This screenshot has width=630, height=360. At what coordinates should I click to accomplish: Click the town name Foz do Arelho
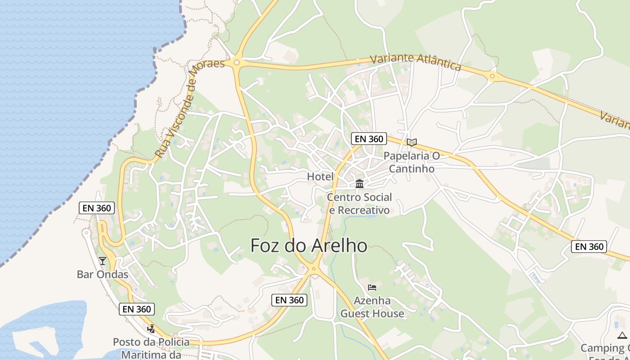coord(308,246)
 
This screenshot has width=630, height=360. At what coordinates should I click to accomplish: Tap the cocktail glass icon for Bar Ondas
coord(103,261)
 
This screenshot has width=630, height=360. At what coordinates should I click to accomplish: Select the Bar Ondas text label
coord(103,274)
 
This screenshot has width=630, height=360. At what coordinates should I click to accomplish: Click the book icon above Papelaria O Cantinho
coord(411,142)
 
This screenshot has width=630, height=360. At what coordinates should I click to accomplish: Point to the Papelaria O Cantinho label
coord(411,162)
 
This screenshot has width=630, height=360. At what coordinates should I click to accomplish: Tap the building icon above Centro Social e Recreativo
coord(359,184)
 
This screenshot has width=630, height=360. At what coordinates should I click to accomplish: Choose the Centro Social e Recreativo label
coord(359,203)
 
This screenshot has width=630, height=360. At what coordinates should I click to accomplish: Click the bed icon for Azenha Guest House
coord(372,287)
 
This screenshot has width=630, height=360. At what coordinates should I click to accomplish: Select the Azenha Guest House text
coord(372,307)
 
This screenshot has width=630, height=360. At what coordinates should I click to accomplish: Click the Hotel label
coord(320,177)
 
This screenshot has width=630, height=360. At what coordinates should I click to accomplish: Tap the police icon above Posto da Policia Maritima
coord(151,329)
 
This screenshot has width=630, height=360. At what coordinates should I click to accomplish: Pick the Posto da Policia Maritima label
coord(151,348)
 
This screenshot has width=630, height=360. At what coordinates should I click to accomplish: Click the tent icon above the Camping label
coord(622,335)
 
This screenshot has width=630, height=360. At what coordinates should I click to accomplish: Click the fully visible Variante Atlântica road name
coord(415,62)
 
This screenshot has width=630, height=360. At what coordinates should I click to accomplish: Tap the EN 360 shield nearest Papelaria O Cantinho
coord(369,139)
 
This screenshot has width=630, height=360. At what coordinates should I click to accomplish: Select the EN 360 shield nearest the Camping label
coord(589,247)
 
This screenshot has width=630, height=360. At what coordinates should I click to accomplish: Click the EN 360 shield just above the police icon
coord(137,309)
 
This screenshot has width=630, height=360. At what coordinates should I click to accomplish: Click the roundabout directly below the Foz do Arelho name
coord(314,269)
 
